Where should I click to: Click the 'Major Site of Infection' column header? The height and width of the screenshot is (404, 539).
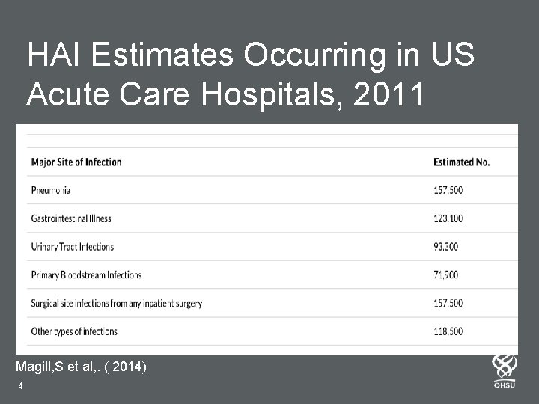[x=76, y=162]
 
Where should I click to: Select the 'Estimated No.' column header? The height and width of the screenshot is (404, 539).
[x=461, y=162]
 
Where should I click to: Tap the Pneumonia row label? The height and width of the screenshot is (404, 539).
[x=51, y=190]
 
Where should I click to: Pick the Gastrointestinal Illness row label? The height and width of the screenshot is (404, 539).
[x=71, y=218]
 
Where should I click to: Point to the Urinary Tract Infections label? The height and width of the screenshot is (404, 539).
[x=73, y=246]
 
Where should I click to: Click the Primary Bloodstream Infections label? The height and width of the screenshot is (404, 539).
[x=86, y=275]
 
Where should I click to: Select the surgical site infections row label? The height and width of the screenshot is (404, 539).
[x=116, y=303]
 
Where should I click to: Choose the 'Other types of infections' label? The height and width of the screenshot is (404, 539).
[x=74, y=331]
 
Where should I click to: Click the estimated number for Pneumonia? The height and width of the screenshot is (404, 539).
[x=448, y=190]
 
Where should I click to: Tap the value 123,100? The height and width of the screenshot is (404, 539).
[x=448, y=218]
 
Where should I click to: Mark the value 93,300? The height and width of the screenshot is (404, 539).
[x=446, y=246]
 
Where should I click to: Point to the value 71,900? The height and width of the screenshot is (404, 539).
[x=445, y=275]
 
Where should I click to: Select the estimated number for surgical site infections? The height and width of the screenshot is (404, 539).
[x=448, y=303]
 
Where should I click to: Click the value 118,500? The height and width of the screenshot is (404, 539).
[x=448, y=331]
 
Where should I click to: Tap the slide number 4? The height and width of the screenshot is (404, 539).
[x=20, y=386]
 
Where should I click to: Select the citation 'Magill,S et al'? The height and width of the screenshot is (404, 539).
[x=62, y=367]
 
